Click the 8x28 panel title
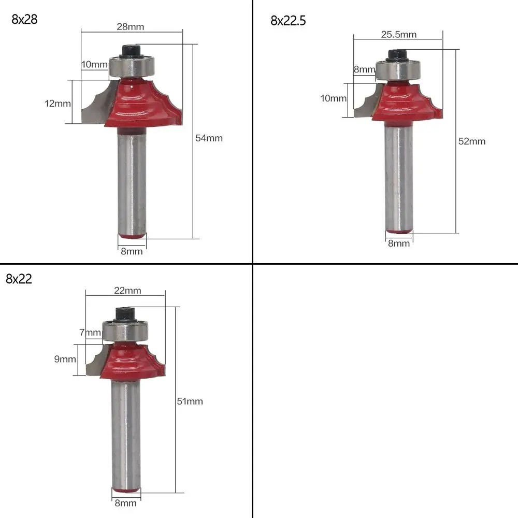click(x=24, y=20)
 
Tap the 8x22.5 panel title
click(x=288, y=21)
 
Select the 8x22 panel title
click(x=19, y=279)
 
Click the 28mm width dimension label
click(x=131, y=26)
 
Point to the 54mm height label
click(x=209, y=138)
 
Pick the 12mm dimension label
click(x=57, y=104)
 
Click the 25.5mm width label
click(x=399, y=34)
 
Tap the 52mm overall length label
click(x=472, y=141)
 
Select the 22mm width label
click(x=127, y=291)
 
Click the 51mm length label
click(x=190, y=401)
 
